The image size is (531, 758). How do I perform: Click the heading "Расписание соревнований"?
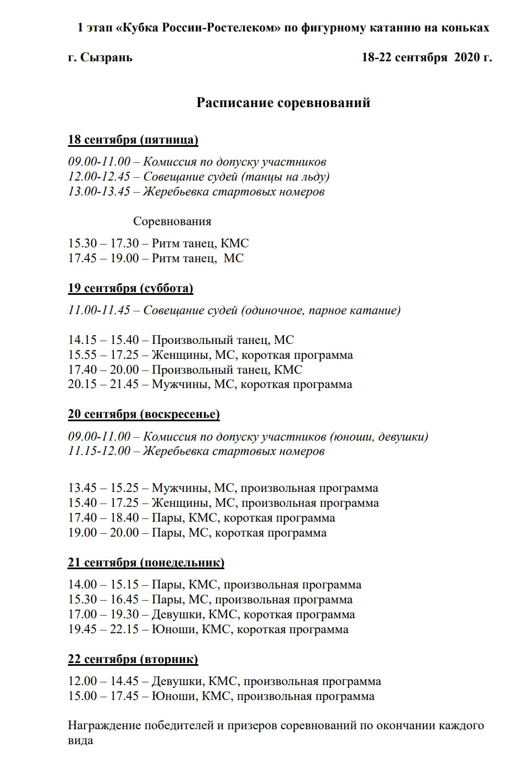click(x=283, y=103)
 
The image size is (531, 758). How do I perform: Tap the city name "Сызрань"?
click(x=106, y=57)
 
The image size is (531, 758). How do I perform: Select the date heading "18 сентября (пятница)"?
click(x=133, y=140)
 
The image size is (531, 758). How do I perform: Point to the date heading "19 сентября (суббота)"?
click(x=130, y=288)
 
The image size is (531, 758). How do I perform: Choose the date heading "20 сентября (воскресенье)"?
click(x=144, y=414)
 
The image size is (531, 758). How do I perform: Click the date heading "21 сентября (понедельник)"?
click(x=146, y=563)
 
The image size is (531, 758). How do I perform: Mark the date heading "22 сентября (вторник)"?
click(x=133, y=659)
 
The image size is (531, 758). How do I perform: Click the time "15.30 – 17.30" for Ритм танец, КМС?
click(x=103, y=243)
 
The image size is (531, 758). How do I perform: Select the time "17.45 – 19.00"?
click(x=103, y=258)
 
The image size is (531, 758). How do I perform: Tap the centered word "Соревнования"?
click(x=172, y=221)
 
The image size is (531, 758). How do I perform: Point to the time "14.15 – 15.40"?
click(x=103, y=340)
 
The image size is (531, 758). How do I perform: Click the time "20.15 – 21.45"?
click(x=103, y=384)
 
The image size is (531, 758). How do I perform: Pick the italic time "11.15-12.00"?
click(x=99, y=451)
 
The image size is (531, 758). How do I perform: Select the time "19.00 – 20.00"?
click(x=103, y=533)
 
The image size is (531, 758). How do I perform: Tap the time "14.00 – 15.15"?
click(x=103, y=585)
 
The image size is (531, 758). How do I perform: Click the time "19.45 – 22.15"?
click(x=103, y=629)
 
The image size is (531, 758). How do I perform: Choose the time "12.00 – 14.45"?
click(x=103, y=681)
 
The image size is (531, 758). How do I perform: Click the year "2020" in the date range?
click(x=466, y=57)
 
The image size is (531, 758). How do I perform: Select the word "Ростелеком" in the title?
click(x=243, y=28)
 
